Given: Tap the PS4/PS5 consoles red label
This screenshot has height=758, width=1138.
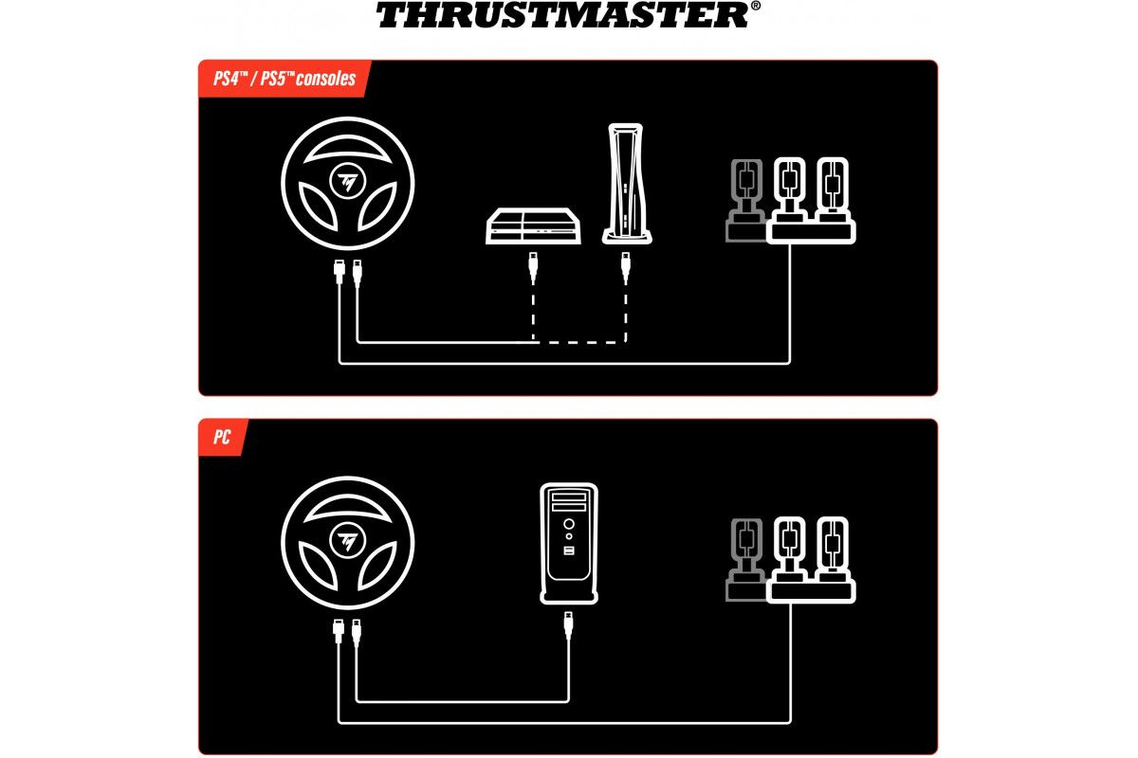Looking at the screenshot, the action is point(284,79).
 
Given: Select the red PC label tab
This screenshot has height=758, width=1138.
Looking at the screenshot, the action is point(223,437).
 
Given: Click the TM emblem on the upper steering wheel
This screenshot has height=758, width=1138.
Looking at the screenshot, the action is point(347,181).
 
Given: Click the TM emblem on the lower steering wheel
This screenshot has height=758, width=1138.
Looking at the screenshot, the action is point(347,541).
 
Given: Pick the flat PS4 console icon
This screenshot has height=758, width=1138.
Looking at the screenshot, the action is point(533,226).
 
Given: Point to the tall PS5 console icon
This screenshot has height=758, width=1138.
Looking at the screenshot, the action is point(627,183).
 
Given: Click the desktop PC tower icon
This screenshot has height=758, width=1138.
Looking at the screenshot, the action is point(569,543).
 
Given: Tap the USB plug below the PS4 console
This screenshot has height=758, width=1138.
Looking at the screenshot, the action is point(533,267).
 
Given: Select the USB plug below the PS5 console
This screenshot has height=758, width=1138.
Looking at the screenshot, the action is point(626,267).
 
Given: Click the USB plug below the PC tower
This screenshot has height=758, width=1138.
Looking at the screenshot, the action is point(568,625).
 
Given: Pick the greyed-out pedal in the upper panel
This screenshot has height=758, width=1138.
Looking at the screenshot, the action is point(745,200).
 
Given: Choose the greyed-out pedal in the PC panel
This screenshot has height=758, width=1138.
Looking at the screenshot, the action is point(745,559).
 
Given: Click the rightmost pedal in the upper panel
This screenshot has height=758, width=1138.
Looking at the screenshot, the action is point(833,189).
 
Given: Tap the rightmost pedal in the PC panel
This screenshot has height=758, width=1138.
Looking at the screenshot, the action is point(833,549).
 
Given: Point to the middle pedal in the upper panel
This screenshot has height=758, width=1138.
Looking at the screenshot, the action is point(789,189).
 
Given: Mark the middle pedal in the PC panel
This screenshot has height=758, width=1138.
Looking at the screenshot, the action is point(789,549).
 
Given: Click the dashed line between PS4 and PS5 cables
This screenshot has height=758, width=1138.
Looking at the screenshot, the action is point(579,343).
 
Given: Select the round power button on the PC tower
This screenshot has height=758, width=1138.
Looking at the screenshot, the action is point(569,524).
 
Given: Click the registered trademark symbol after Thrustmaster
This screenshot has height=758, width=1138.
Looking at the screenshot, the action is point(756,6).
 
